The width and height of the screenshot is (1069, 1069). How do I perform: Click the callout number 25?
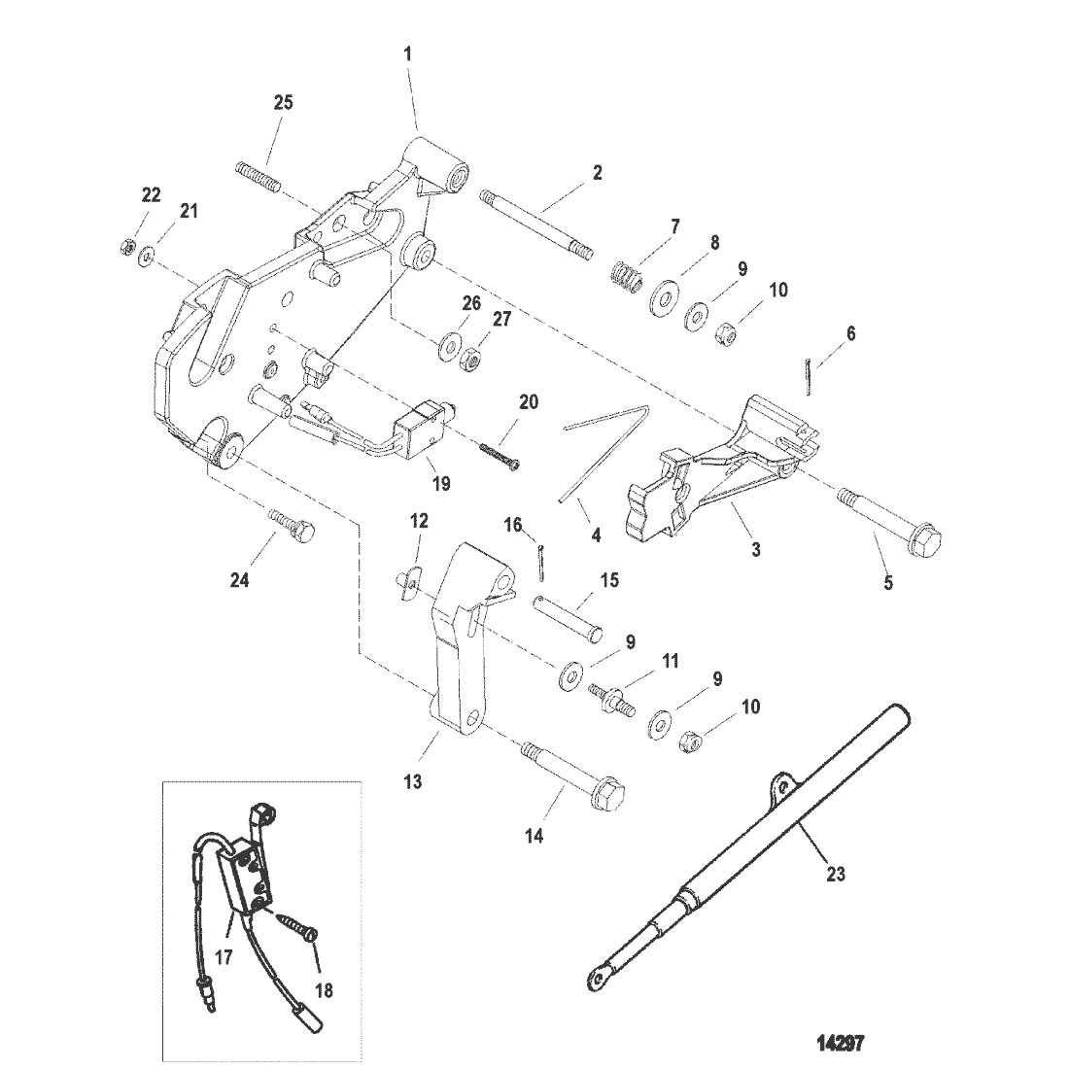click(283, 103)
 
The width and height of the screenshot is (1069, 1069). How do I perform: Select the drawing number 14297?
click(841, 1043)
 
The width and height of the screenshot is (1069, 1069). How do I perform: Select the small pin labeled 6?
click(807, 376)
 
